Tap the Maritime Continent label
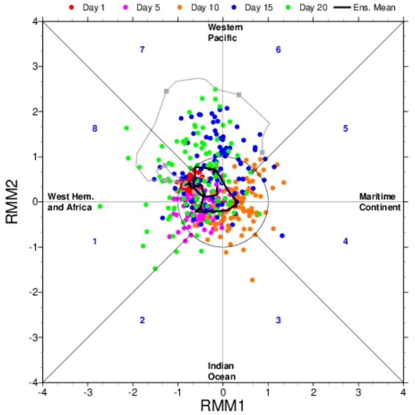380,202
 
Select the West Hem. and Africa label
70,202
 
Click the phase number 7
141,50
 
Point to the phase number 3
278,320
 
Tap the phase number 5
345,128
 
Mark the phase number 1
95,241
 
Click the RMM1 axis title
223,406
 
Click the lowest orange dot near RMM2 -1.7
252,280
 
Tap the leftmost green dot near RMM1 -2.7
100,206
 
